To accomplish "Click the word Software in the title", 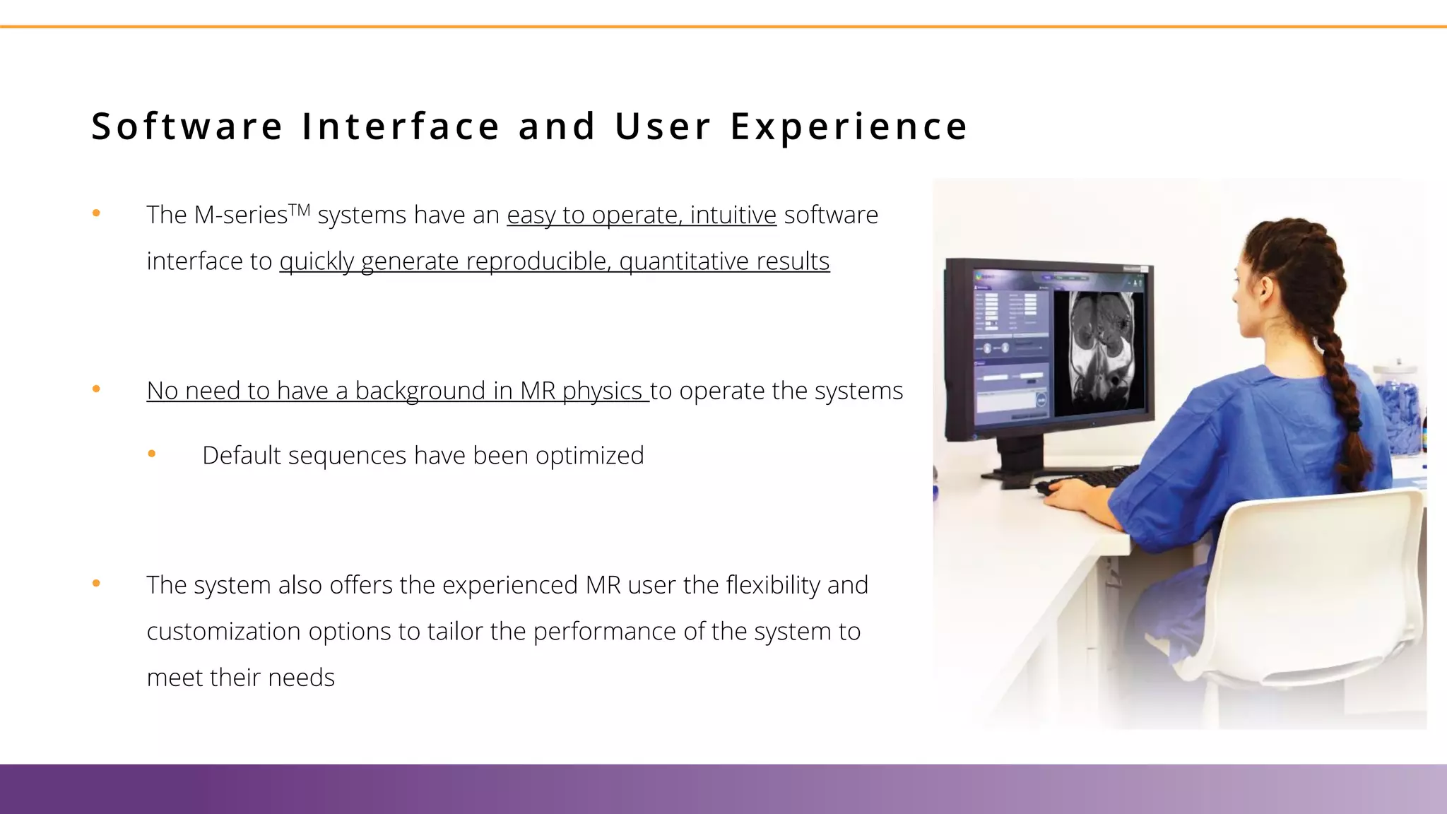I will [187, 127].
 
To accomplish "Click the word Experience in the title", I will [849, 127].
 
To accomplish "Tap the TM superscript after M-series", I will [300, 209].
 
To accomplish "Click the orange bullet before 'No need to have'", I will [96, 389].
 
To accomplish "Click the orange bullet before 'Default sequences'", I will [151, 454].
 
